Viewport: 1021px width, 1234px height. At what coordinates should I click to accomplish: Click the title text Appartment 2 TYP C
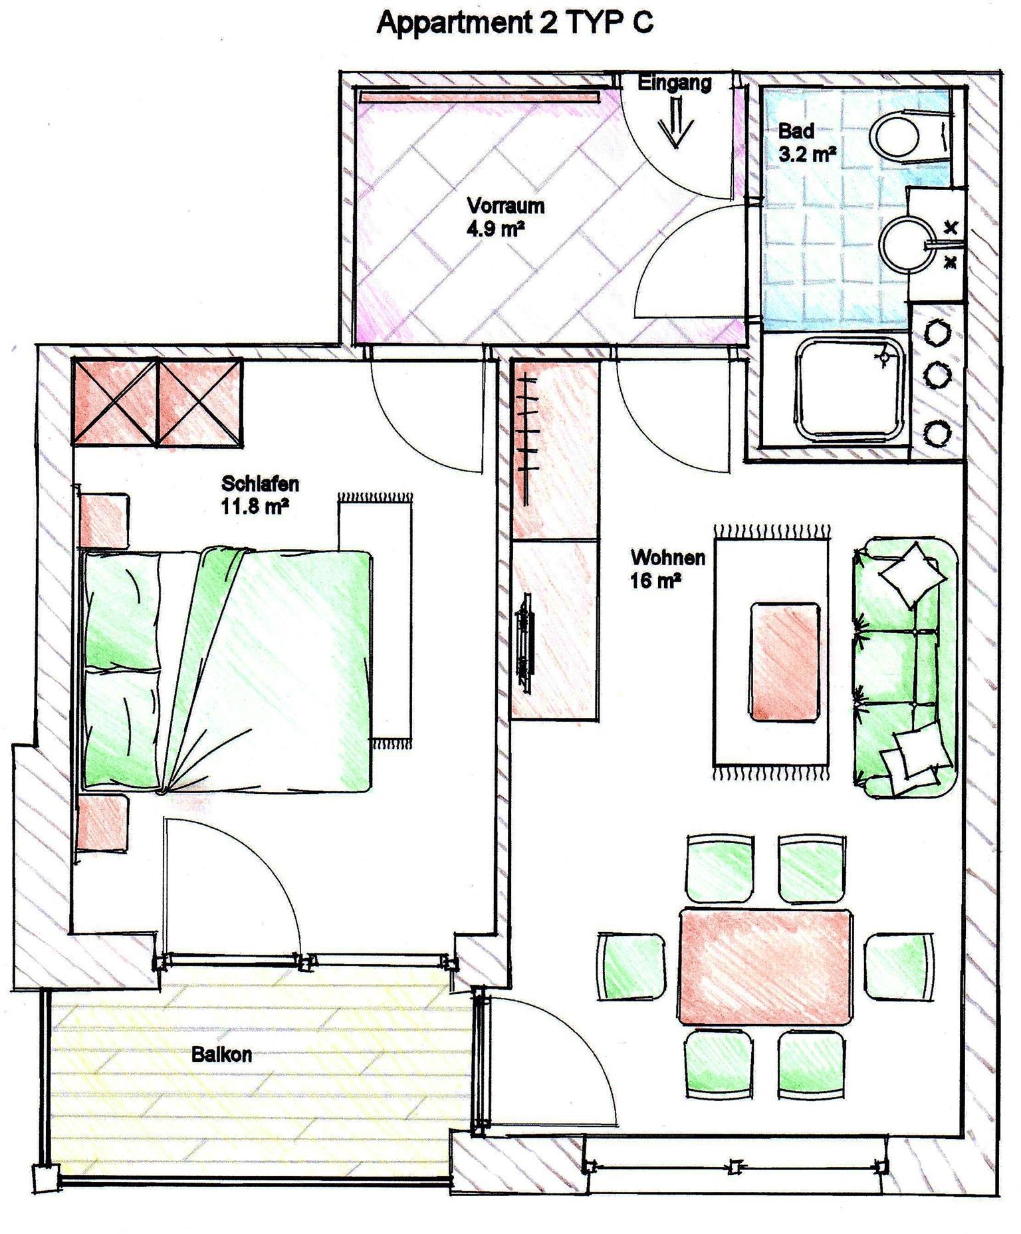tap(515, 22)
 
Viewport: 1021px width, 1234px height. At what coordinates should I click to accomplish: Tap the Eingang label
tap(675, 83)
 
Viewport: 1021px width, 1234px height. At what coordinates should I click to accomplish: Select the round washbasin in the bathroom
tap(909, 245)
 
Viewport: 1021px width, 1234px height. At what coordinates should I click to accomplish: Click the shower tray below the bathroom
tap(852, 390)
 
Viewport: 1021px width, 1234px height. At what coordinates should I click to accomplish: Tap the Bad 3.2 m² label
tap(806, 142)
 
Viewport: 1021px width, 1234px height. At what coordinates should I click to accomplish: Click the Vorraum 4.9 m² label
tap(505, 217)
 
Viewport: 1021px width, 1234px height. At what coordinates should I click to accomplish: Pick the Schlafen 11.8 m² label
tap(259, 495)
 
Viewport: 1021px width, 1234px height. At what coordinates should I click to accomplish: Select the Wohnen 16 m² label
tap(667, 568)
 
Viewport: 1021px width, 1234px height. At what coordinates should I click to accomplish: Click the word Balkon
tap(221, 1054)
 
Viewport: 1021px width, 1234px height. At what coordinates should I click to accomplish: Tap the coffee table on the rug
tap(784, 661)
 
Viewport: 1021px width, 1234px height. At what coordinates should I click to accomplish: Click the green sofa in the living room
tap(905, 668)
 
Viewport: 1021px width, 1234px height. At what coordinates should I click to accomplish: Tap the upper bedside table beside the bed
tap(104, 520)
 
